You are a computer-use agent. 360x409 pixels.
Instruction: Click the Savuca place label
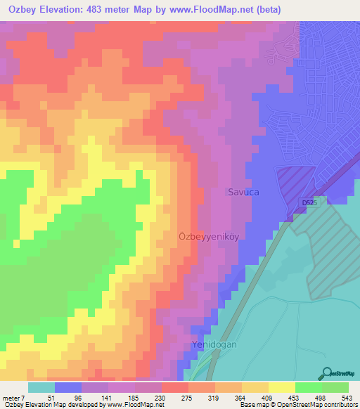pyautogui.click(x=243, y=191)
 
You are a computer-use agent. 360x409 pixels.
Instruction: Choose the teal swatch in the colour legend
pyautogui.click(x=41, y=387)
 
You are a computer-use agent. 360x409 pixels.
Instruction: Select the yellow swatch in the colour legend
pyautogui.click(x=281, y=387)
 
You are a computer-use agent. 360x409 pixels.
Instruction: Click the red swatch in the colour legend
pyautogui.click(x=174, y=387)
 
